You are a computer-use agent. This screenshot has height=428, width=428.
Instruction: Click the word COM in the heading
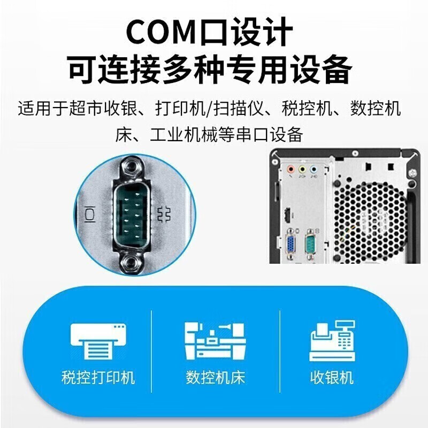[x=164, y=32]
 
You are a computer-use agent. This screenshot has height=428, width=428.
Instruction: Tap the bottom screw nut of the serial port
[x=132, y=263]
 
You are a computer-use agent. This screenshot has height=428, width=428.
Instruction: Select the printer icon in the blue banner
[x=98, y=341]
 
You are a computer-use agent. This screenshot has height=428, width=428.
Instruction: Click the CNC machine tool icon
[x=216, y=341]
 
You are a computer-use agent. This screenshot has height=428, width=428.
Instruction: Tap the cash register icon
[x=332, y=341]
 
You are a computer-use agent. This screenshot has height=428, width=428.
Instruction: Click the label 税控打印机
[x=98, y=378]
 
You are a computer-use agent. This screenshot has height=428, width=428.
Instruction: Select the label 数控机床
[x=216, y=378]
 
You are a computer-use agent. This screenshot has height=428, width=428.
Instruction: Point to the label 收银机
[x=332, y=378]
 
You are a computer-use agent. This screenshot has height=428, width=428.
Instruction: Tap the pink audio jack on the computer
[x=291, y=170]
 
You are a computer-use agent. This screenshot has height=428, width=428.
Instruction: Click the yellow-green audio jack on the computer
[x=302, y=170]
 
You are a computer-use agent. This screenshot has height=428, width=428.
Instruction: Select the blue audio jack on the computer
[x=314, y=170]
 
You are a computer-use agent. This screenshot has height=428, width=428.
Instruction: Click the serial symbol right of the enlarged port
[x=164, y=215]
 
